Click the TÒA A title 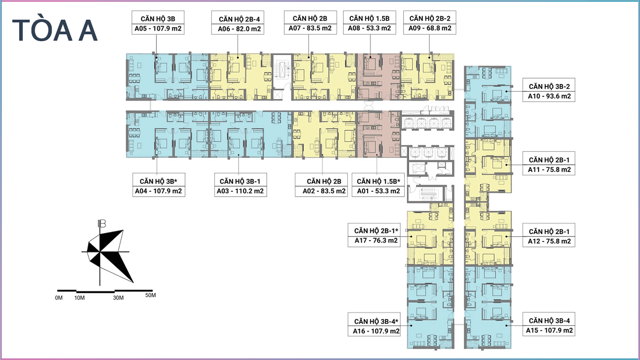[55, 31]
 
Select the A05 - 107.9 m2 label [158, 29]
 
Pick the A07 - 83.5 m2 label [310, 28]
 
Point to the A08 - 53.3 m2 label [369, 28]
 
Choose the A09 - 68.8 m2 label [430, 28]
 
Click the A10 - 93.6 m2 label [549, 96]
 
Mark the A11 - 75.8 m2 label [549, 170]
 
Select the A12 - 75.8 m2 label [549, 241]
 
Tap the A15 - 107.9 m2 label [549, 330]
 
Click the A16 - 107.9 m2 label [376, 331]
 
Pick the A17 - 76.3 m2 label [376, 241]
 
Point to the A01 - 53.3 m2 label [379, 191]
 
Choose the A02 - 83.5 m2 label [324, 191]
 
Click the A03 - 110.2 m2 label [240, 191]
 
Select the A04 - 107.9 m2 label [158, 191]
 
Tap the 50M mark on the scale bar [150, 295]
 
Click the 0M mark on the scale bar [59, 298]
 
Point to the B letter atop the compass [101, 223]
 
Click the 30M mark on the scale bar [118, 298]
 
